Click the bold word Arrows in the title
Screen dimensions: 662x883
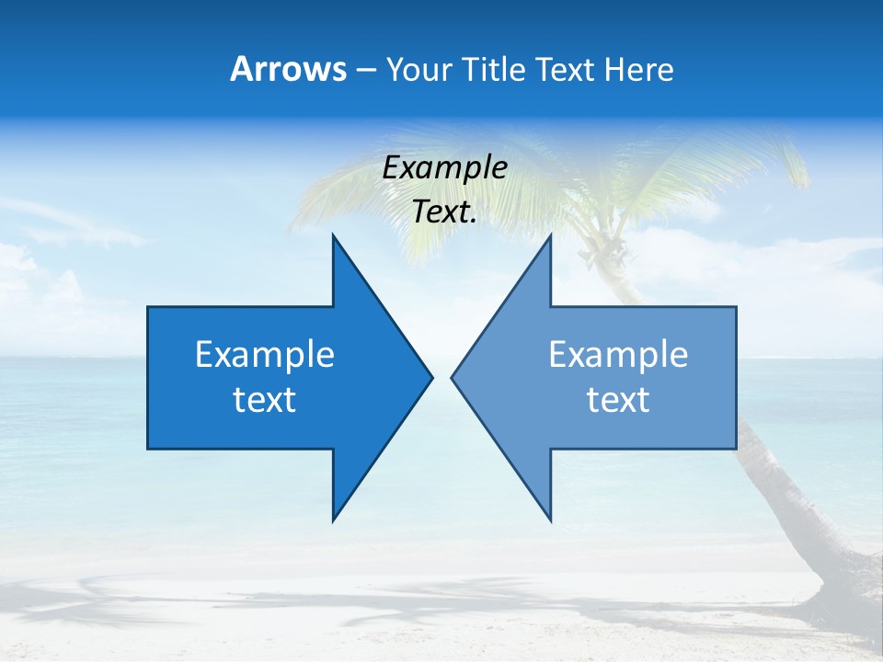pyautogui.click(x=288, y=69)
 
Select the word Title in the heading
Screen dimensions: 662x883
pyautogui.click(x=493, y=70)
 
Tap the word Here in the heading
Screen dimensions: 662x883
pyautogui.click(x=638, y=70)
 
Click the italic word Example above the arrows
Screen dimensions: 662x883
pyautogui.click(x=444, y=168)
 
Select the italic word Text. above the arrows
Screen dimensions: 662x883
pyautogui.click(x=444, y=212)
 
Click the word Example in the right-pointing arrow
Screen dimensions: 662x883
pyautogui.click(x=265, y=355)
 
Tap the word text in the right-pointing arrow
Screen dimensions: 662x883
pyautogui.click(x=265, y=400)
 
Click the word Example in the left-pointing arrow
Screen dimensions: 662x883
pyautogui.click(x=618, y=355)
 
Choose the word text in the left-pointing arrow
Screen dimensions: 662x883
pyautogui.click(x=618, y=400)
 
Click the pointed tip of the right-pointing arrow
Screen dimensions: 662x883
pyautogui.click(x=432, y=377)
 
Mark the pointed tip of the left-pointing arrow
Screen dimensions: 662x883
pyautogui.click(x=452, y=377)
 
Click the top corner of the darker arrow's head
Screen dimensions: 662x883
pyautogui.click(x=333, y=234)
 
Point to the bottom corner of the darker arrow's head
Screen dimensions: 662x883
pyautogui.click(x=333, y=520)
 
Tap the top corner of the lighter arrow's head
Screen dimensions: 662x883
pyautogui.click(x=550, y=234)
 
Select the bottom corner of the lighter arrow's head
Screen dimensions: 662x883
pyautogui.click(x=550, y=520)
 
